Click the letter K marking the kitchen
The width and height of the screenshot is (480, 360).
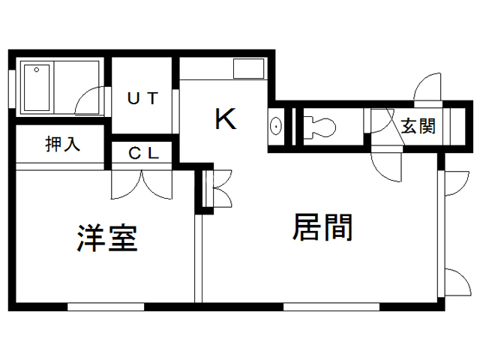(x=226, y=119)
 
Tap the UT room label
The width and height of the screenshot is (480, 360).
(x=142, y=98)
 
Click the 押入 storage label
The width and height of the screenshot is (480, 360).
(x=62, y=144)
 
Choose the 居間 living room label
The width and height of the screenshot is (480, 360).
(x=322, y=226)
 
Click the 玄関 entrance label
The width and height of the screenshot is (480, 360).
(x=417, y=125)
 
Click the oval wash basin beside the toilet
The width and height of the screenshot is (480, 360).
(x=276, y=126)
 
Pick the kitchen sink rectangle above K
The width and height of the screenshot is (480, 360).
(x=247, y=69)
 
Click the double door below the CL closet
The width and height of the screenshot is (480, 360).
(x=142, y=183)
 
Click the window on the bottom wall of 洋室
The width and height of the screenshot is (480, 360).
(x=105, y=305)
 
